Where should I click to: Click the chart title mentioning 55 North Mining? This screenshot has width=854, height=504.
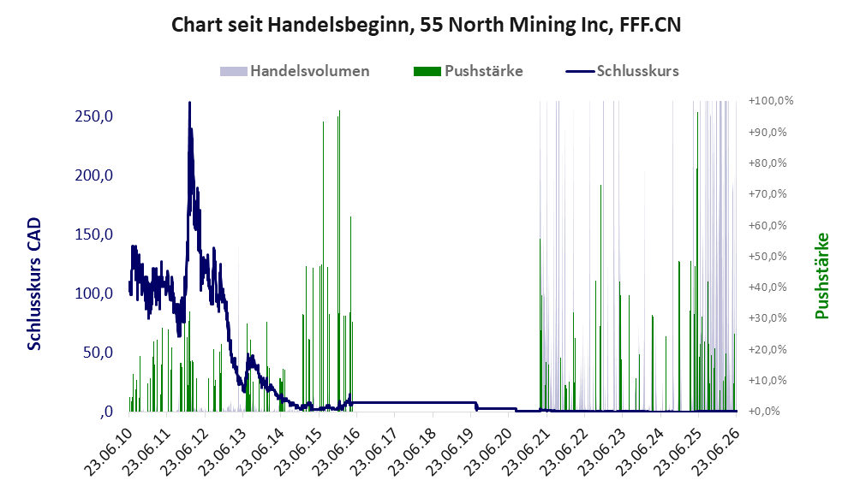[426, 25]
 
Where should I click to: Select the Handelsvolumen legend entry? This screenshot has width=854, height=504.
[295, 71]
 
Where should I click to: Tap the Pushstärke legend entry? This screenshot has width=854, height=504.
[469, 71]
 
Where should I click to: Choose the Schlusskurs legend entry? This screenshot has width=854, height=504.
[623, 71]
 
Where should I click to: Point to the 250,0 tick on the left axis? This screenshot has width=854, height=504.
[93, 116]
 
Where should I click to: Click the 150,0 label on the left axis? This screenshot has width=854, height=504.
[93, 234]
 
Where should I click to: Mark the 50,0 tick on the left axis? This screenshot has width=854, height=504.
[98, 353]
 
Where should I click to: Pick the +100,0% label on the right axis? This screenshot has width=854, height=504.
[771, 101]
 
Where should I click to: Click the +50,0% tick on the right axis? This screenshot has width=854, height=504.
[768, 256]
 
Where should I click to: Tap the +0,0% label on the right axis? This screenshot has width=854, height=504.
[765, 411]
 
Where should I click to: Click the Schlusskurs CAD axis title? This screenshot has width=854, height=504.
[34, 283]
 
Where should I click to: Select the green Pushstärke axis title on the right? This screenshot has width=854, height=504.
[822, 276]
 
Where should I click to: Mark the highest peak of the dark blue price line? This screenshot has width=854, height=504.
[189, 103]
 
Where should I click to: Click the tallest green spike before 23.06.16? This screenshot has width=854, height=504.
[339, 111]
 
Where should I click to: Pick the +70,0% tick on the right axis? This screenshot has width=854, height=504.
[768, 193]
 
